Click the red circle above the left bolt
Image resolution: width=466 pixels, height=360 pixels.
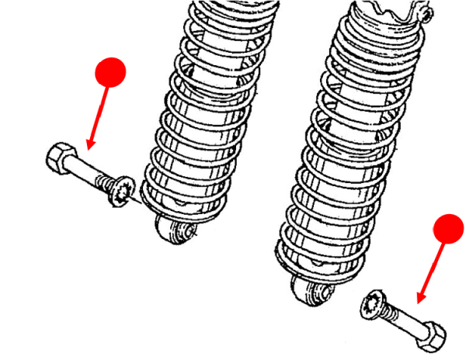coord(110,72)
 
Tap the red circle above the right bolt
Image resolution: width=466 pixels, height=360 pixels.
coord(447,230)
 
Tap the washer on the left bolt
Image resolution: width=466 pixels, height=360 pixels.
coord(122,191)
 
